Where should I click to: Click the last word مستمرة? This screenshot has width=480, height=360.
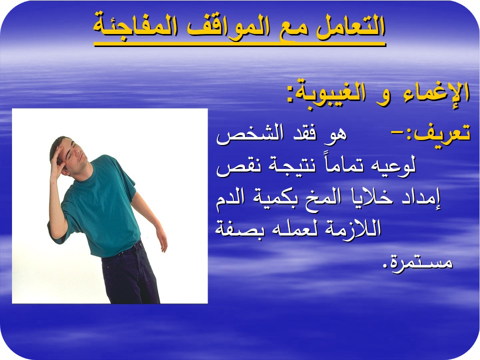(x=417, y=262)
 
